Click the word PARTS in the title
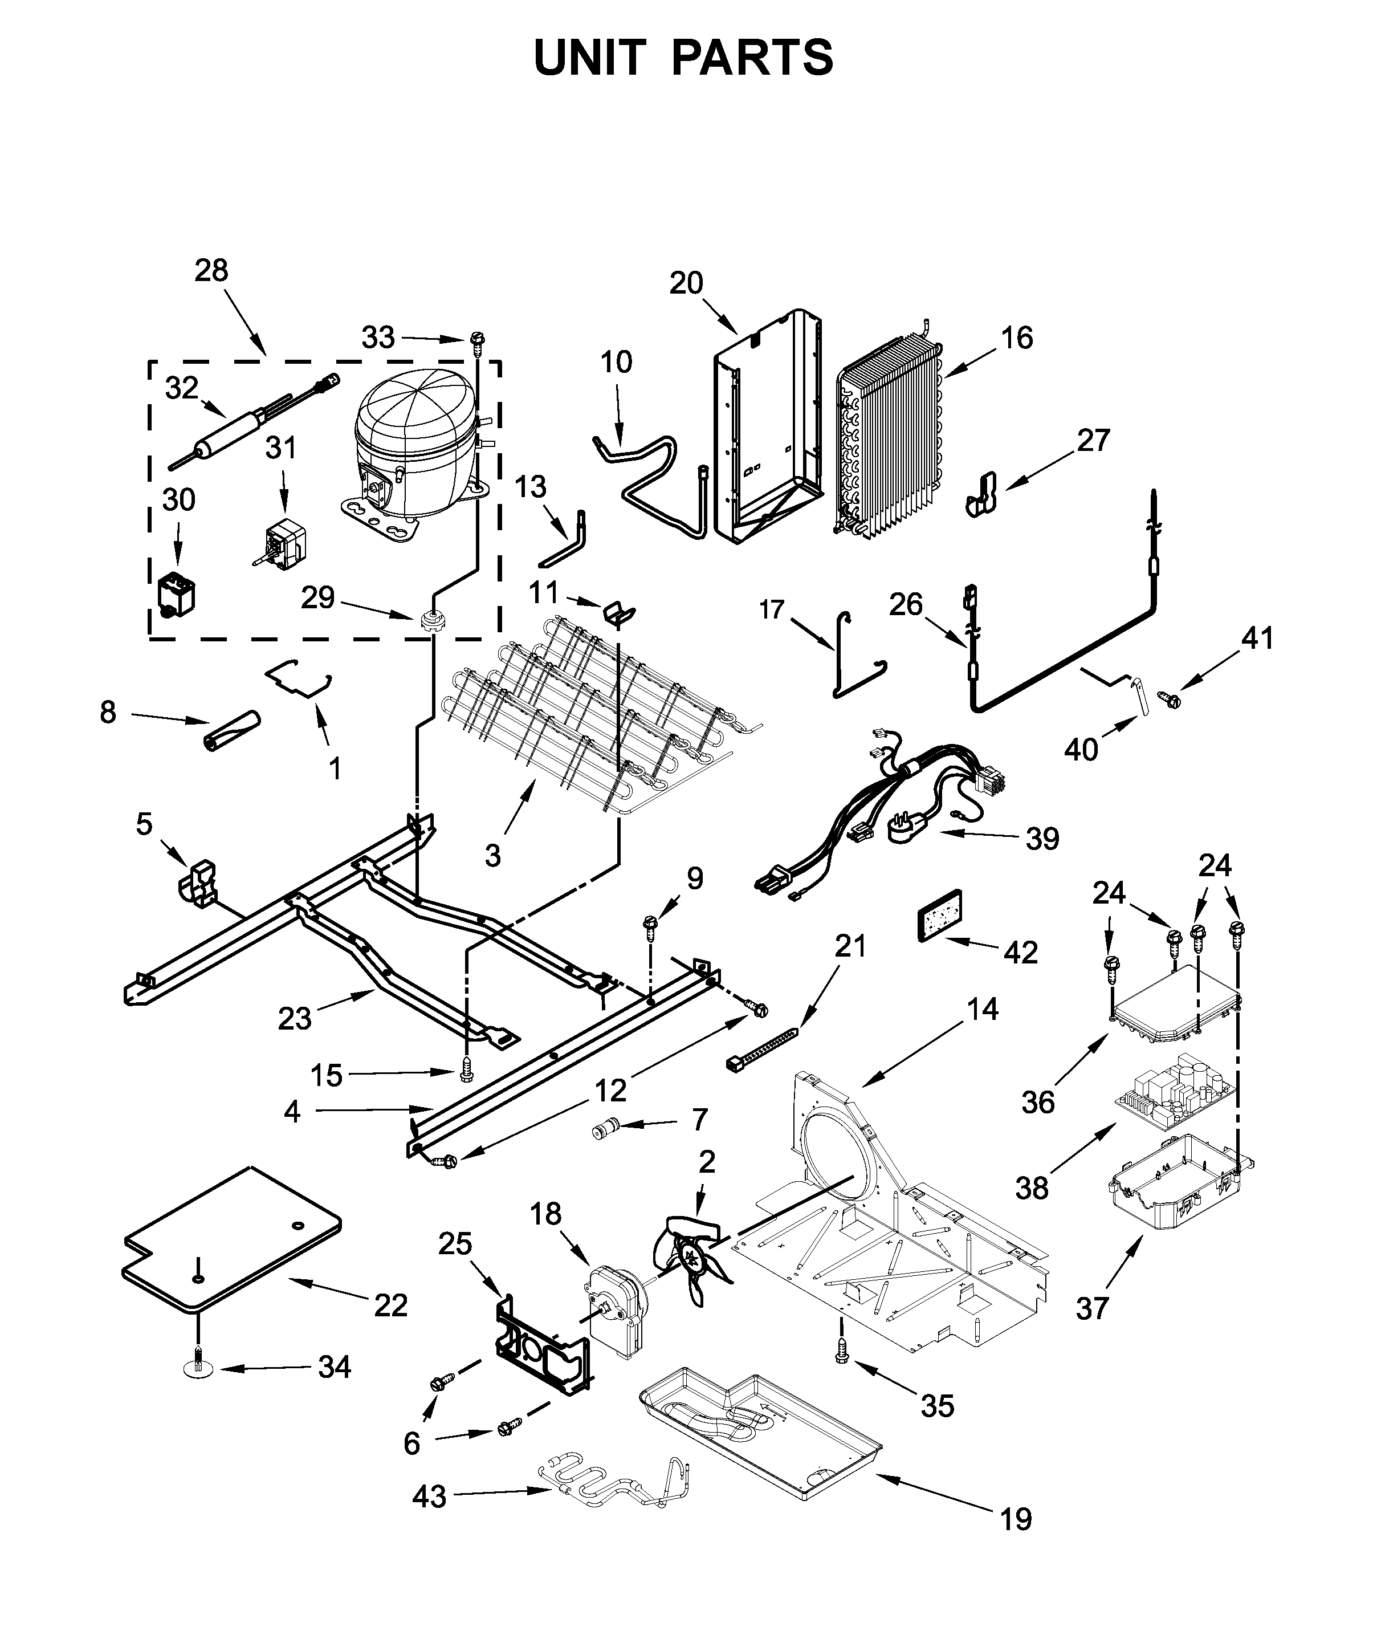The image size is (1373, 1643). pyautogui.click(x=752, y=58)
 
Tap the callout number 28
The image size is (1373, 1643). pyautogui.click(x=211, y=271)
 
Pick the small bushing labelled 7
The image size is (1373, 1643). pyautogui.click(x=605, y=1129)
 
